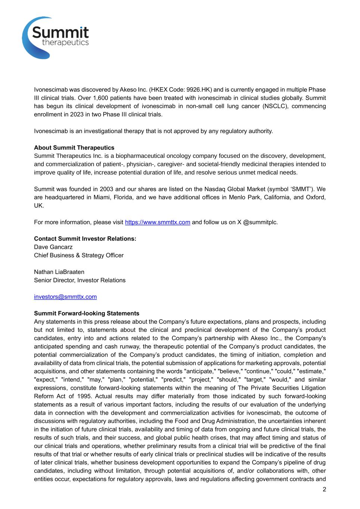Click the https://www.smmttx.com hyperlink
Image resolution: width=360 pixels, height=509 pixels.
(x=157, y=222)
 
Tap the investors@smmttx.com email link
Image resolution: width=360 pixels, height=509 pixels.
(x=65, y=297)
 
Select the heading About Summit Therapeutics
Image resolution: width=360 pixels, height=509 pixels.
(x=74, y=148)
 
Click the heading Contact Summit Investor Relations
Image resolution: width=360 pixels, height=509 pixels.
(x=85, y=239)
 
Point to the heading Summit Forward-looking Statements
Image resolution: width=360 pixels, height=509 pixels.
(x=87, y=313)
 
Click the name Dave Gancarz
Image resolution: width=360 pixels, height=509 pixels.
(x=53, y=247)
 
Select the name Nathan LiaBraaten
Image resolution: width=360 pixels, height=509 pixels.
(x=59, y=272)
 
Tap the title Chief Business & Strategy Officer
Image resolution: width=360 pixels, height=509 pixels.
(x=79, y=255)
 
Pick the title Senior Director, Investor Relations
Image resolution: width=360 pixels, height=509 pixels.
(x=80, y=280)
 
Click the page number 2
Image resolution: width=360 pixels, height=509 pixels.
(x=324, y=490)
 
